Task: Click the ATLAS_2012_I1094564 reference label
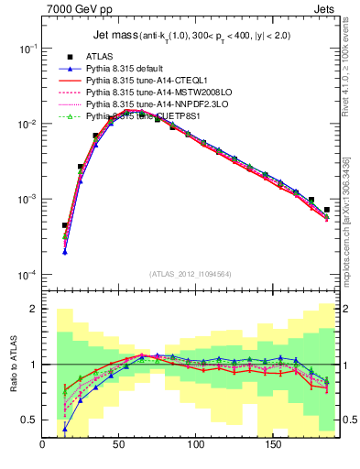point(189,272)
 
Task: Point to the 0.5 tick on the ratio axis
point(29,420)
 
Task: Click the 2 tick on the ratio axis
point(34,310)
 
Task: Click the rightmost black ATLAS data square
point(327,210)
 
